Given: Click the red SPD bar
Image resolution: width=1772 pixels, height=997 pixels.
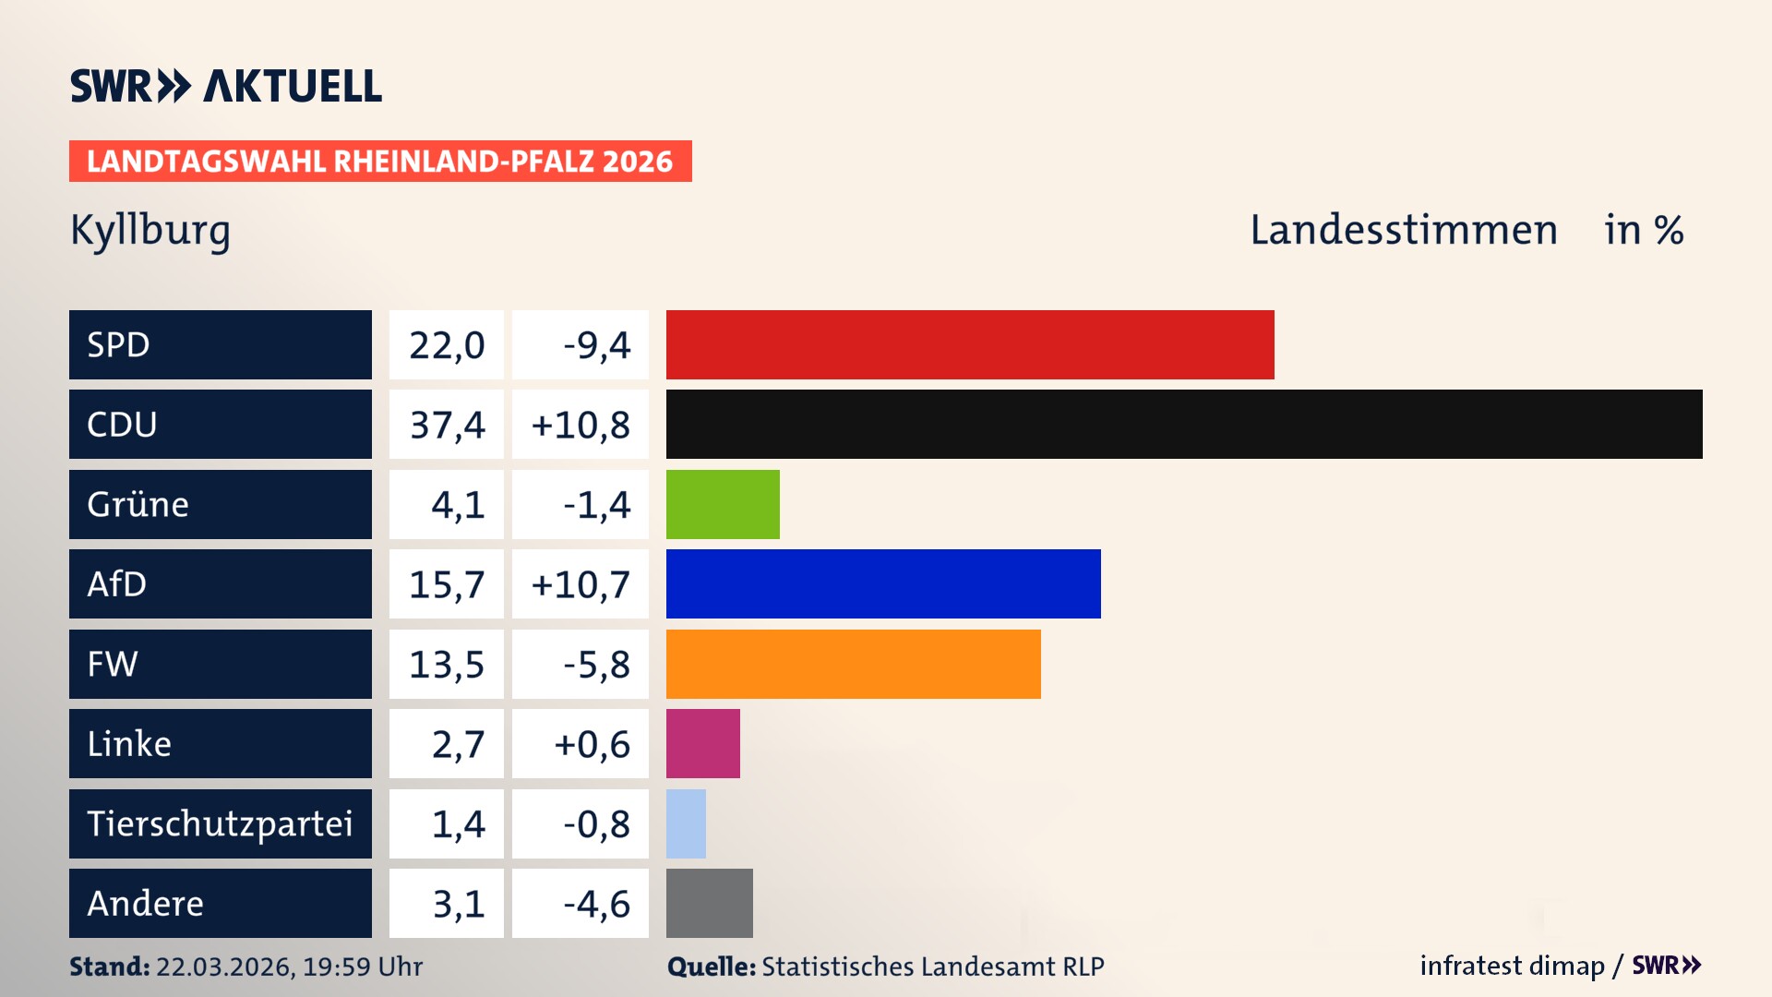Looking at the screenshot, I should (969, 344).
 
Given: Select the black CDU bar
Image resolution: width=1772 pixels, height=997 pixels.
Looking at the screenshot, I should (1183, 425).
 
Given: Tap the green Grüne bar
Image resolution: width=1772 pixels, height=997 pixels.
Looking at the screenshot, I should (723, 504).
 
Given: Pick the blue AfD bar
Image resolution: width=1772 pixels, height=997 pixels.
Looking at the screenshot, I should (883, 583).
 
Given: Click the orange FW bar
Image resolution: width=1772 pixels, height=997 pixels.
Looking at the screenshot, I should (853, 664).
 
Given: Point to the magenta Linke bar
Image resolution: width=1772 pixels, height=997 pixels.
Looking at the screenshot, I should (702, 743).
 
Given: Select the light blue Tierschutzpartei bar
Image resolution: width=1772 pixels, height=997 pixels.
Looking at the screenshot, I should (686, 823).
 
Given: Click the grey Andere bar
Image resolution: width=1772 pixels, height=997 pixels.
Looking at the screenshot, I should (709, 903).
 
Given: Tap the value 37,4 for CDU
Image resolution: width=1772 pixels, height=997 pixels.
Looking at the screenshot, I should (447, 425).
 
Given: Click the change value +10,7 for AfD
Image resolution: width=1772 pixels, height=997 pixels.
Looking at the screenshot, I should (581, 584).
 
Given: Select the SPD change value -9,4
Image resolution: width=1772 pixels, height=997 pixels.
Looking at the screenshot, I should (596, 345).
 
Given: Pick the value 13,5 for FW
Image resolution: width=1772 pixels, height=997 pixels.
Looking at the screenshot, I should (447, 665).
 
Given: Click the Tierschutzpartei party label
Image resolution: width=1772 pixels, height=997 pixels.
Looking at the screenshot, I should (220, 823).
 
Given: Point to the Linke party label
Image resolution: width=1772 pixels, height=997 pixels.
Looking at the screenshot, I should (129, 744).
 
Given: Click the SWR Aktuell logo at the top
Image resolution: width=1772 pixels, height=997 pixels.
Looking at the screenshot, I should (225, 86).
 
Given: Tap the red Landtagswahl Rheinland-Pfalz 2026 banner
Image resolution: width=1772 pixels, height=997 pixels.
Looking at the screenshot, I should (379, 162).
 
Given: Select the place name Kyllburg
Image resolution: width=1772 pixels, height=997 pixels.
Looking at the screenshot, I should (150, 231).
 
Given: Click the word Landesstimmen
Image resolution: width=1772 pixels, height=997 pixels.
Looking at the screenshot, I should (1403, 230).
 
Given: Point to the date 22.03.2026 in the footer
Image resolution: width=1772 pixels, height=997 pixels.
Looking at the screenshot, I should (224, 967).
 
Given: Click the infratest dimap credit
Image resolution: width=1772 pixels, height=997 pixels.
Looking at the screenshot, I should (1511, 966).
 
